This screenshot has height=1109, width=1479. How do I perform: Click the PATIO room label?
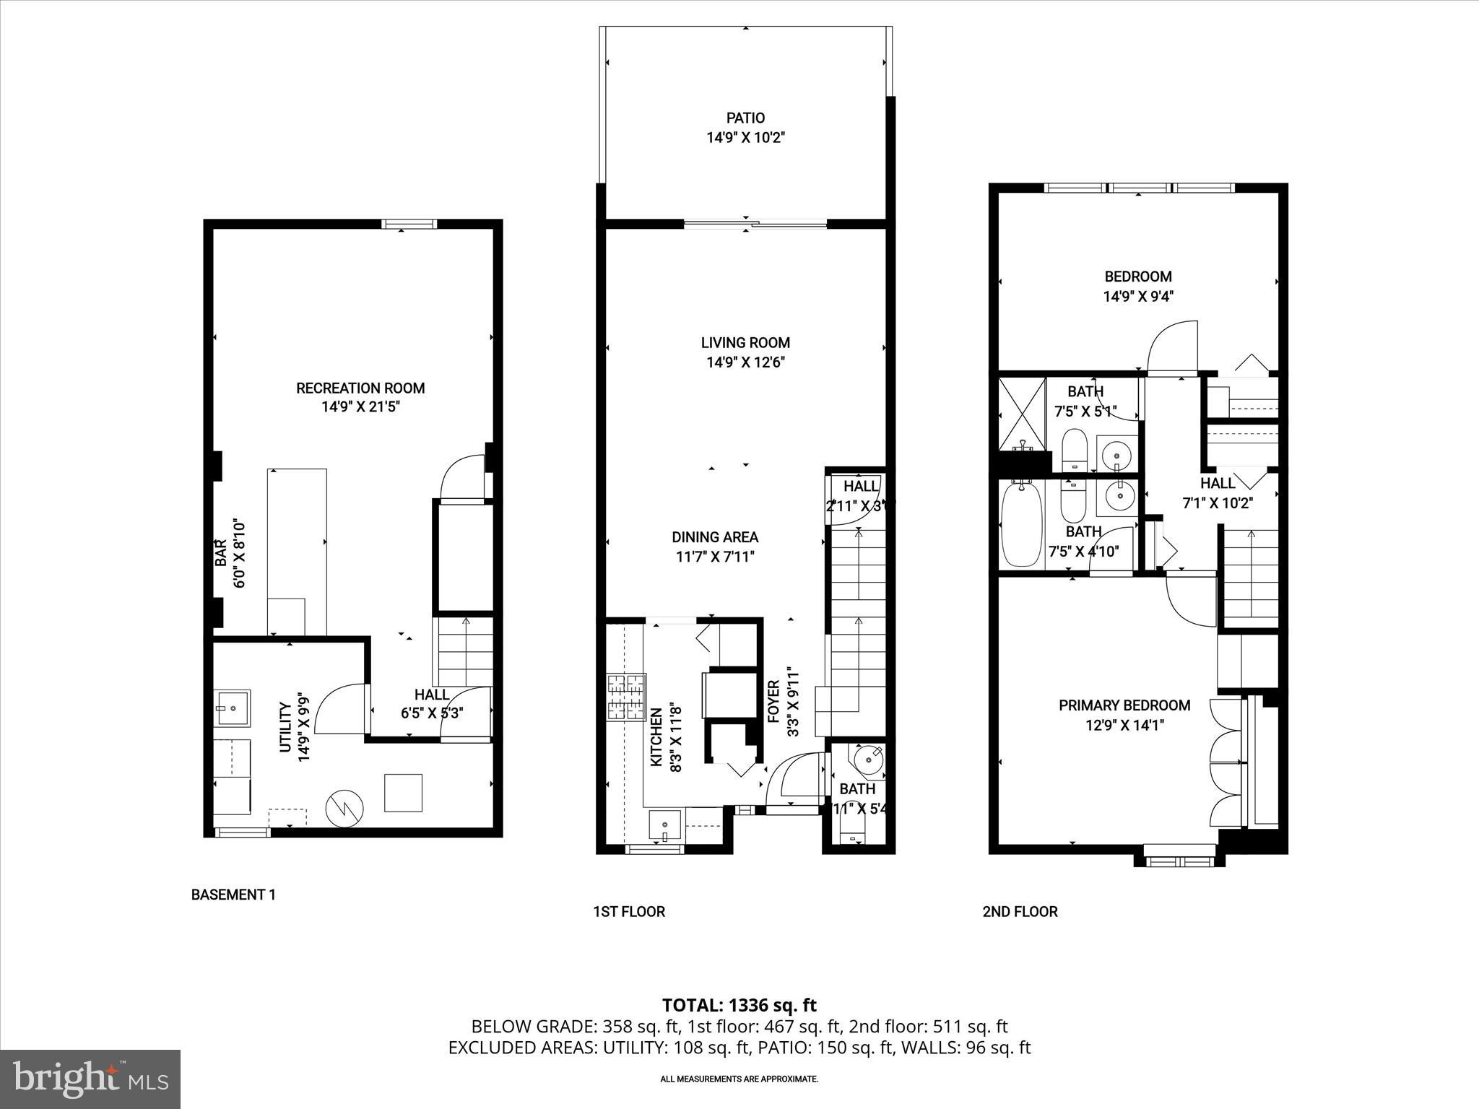745,118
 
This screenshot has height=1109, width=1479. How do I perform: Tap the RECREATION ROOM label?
360,388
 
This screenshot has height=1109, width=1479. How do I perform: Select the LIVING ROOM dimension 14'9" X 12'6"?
745,362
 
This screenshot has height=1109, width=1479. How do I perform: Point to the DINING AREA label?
715,537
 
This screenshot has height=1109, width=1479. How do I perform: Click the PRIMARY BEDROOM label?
1124,705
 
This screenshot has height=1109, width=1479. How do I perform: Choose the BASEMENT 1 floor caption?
233,895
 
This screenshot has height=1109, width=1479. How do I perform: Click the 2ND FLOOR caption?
1020,911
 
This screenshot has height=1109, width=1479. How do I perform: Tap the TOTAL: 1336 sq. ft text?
739,1005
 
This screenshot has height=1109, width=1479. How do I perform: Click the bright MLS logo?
90,1079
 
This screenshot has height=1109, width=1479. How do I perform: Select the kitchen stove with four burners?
626,697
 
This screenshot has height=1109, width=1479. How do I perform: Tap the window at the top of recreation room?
409,224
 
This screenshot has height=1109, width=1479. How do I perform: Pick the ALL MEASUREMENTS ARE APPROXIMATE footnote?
739,1079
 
